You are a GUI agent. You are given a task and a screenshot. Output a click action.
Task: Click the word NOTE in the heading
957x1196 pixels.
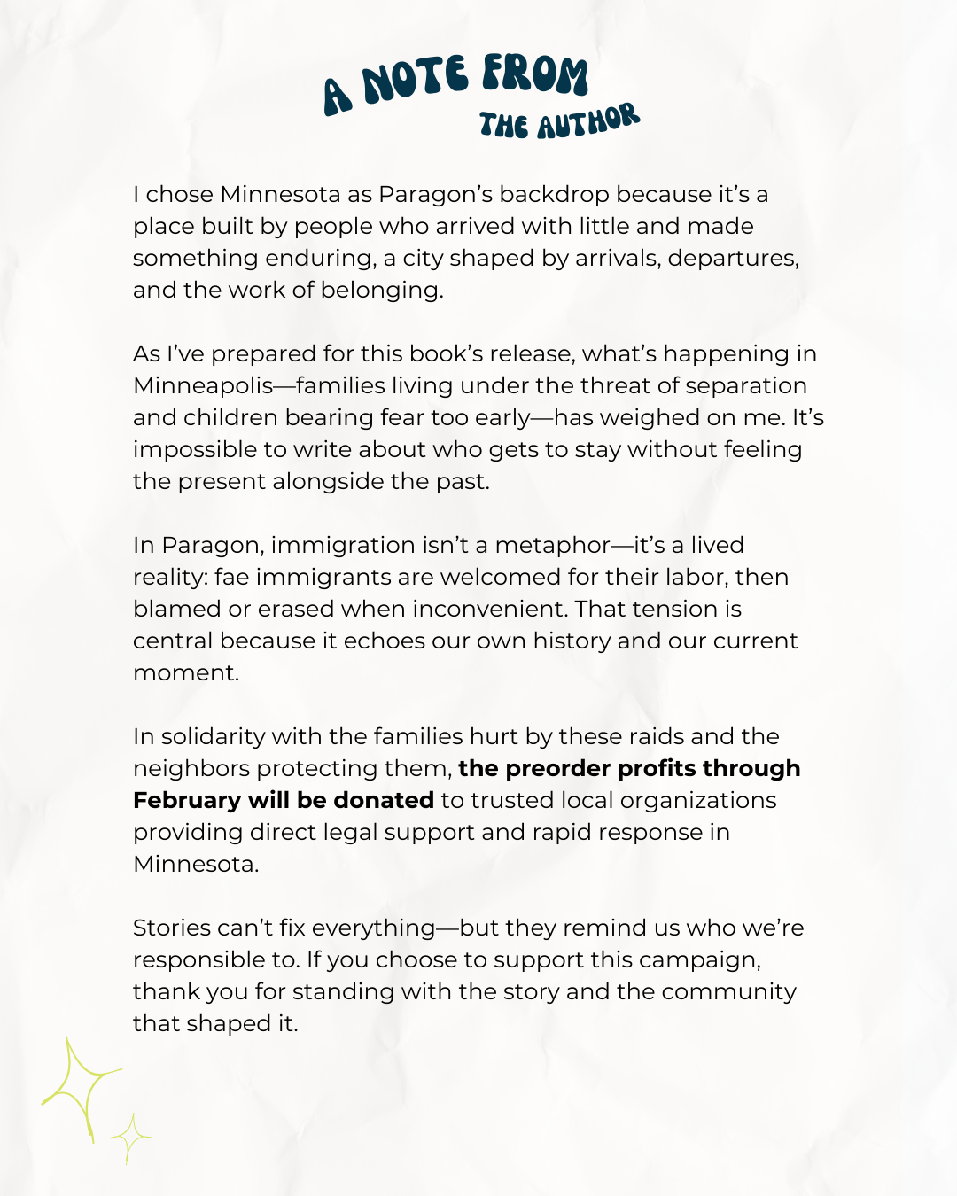click(x=415, y=80)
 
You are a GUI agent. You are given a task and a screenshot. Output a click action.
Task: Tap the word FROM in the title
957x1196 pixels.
click(x=534, y=74)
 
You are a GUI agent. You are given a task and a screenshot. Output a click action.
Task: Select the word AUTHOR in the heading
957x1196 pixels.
click(x=587, y=121)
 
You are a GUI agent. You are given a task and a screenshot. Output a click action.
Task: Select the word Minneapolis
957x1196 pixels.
click(x=203, y=385)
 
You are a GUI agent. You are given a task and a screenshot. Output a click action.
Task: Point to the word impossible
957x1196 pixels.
click(x=195, y=449)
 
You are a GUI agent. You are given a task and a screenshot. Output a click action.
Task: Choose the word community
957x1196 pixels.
click(x=728, y=991)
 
